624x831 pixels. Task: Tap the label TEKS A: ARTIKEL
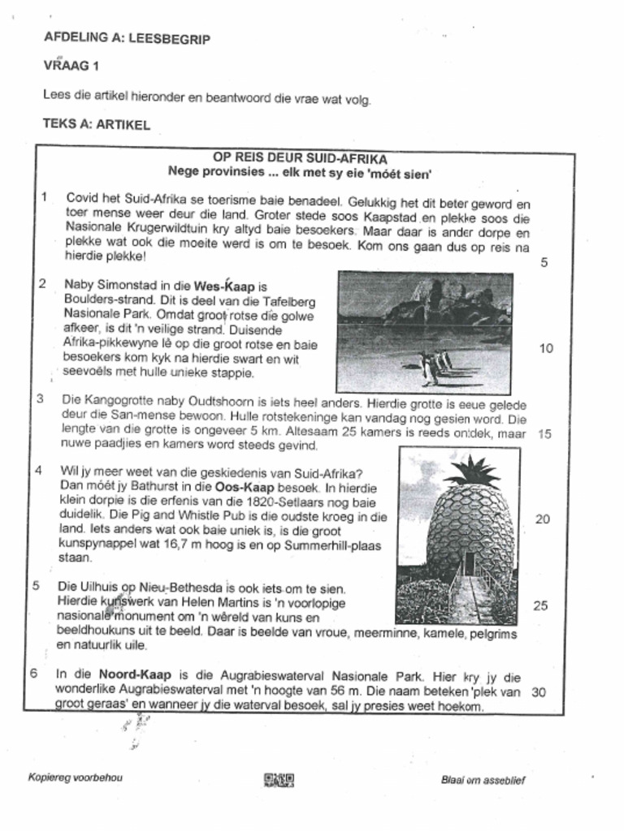[x=96, y=125]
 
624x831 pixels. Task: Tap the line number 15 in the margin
[x=544, y=433]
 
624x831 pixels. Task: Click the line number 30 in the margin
[x=537, y=691]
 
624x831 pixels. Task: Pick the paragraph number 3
[x=41, y=398]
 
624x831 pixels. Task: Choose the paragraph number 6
[x=33, y=674]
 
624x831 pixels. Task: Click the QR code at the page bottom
[x=278, y=780]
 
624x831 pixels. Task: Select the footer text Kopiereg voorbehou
[x=76, y=777]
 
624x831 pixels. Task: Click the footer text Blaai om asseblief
[x=483, y=780]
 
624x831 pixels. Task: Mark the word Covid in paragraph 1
[x=82, y=198]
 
